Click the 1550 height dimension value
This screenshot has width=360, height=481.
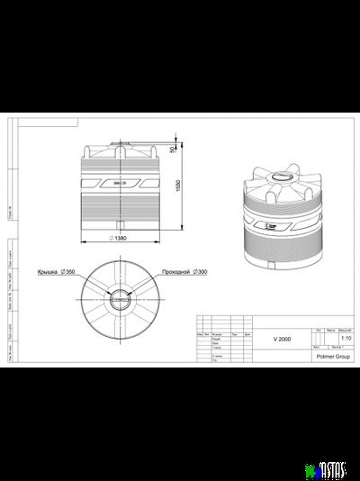[178, 185]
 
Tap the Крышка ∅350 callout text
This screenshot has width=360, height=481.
[56, 270]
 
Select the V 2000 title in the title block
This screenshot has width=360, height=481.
[282, 339]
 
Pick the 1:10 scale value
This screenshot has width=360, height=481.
[346, 339]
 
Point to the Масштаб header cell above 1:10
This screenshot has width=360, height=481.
[346, 331]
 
